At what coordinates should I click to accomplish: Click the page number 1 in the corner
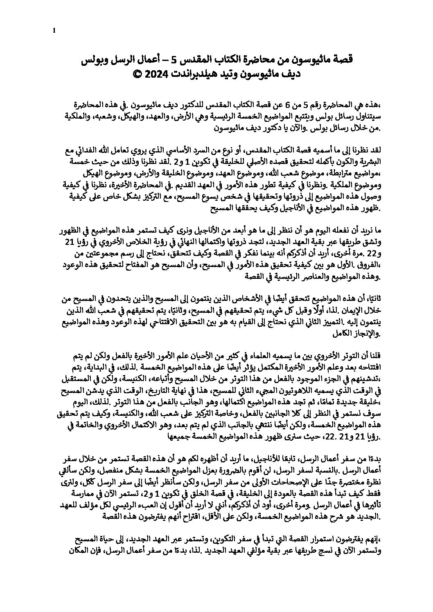(54, 30)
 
